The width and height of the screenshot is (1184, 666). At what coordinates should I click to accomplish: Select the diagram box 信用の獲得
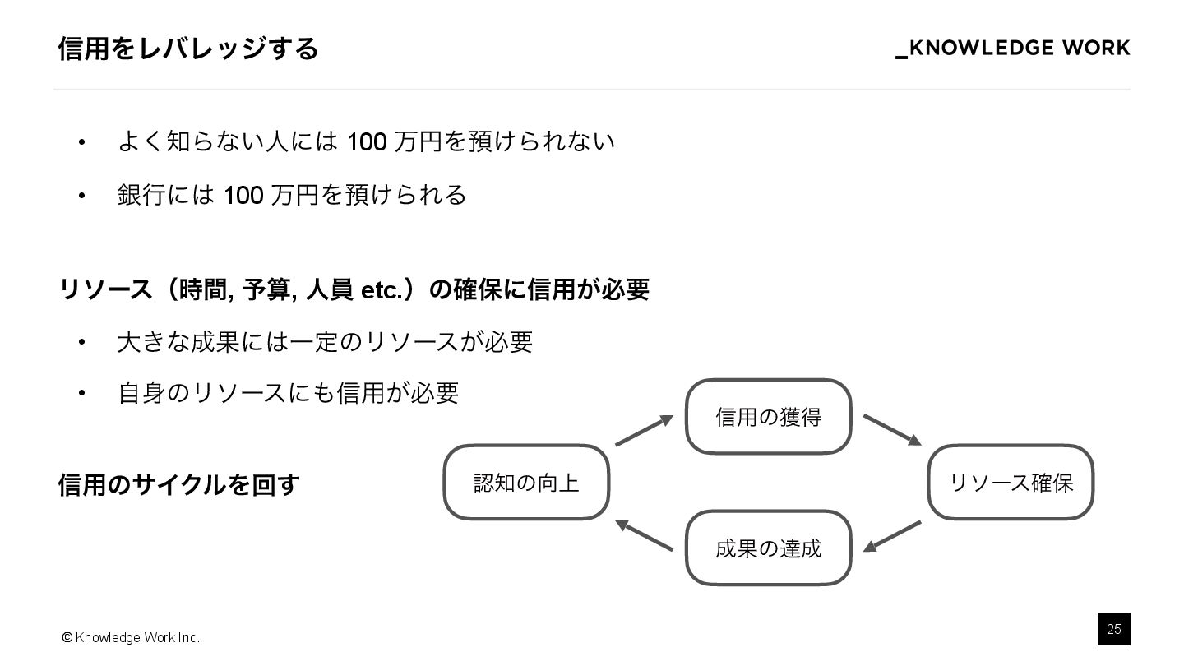coord(768,417)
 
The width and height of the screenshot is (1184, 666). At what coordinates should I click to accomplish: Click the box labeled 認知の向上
coord(526,483)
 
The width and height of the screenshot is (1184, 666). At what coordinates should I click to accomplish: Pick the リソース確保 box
coord(1011,483)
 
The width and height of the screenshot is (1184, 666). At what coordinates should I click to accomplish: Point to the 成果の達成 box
coord(768,548)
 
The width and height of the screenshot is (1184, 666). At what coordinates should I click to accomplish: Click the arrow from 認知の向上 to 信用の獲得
coord(644,431)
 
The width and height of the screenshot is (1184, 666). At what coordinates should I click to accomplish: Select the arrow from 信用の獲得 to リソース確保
coord(892,430)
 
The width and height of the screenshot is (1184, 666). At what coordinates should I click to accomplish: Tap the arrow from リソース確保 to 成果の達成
coord(892,536)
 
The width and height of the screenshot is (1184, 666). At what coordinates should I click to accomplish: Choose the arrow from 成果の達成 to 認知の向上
coord(644,536)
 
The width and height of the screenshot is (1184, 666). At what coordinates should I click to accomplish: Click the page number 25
coord(1113,629)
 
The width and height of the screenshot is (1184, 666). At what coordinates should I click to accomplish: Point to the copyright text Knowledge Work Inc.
coord(131,638)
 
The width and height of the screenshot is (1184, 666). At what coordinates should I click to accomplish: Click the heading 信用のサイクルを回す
coord(178,485)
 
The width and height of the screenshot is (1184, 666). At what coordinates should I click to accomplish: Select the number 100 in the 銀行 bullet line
coord(243,196)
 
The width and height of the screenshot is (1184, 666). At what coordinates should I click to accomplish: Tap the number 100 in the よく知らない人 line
coord(367,142)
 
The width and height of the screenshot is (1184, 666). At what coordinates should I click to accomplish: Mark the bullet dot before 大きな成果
coord(81,342)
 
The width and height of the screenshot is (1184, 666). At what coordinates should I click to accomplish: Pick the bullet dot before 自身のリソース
coord(81,394)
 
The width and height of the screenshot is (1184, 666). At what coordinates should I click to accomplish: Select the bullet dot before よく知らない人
coord(81,143)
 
